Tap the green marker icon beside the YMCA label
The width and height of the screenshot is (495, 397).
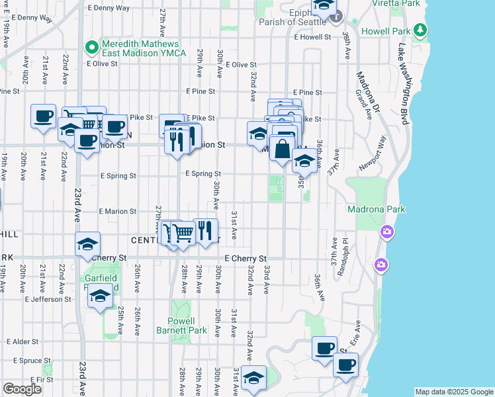coord(92,48)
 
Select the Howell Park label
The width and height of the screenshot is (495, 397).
coord(384,30)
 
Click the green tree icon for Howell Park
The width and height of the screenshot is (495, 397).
coord(420,30)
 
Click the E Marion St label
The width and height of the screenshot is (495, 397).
coord(118,211)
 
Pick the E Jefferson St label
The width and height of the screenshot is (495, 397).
coord(48,299)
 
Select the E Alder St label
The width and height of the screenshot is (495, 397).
coord(24,341)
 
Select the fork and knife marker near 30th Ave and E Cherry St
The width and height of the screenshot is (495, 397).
coord(206,230)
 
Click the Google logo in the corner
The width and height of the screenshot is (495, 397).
coord(22,389)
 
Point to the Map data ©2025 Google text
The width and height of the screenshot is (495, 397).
coord(453,392)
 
